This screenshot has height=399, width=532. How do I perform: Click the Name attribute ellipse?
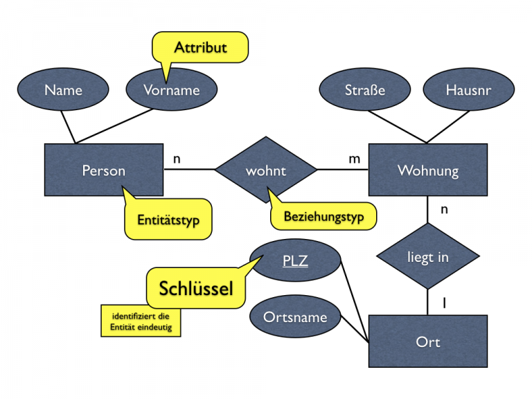(63, 90)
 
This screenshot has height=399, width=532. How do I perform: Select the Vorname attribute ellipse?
(172, 90)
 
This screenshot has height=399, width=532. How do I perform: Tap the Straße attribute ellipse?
(364, 90)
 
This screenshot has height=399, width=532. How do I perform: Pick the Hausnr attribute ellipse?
(468, 90)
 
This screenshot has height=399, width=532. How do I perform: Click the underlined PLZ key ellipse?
(296, 262)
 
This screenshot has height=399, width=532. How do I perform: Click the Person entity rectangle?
(104, 170)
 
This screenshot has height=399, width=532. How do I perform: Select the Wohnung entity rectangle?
(427, 170)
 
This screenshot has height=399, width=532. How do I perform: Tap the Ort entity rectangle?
(427, 342)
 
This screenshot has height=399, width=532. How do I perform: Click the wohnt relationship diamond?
(265, 170)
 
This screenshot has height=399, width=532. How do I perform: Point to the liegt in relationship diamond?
(427, 257)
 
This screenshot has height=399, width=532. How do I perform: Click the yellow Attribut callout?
(200, 48)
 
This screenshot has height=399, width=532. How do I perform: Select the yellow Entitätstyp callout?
(168, 221)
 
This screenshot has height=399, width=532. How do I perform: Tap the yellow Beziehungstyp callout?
(323, 217)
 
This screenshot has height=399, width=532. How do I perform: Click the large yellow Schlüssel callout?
(196, 289)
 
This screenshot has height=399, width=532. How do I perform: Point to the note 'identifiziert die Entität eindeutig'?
(141, 321)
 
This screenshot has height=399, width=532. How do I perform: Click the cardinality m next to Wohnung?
(354, 159)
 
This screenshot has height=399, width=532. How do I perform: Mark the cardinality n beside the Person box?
(177, 159)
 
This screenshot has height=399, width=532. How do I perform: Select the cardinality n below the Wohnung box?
(445, 209)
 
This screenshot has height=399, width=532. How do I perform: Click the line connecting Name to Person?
(69, 127)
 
